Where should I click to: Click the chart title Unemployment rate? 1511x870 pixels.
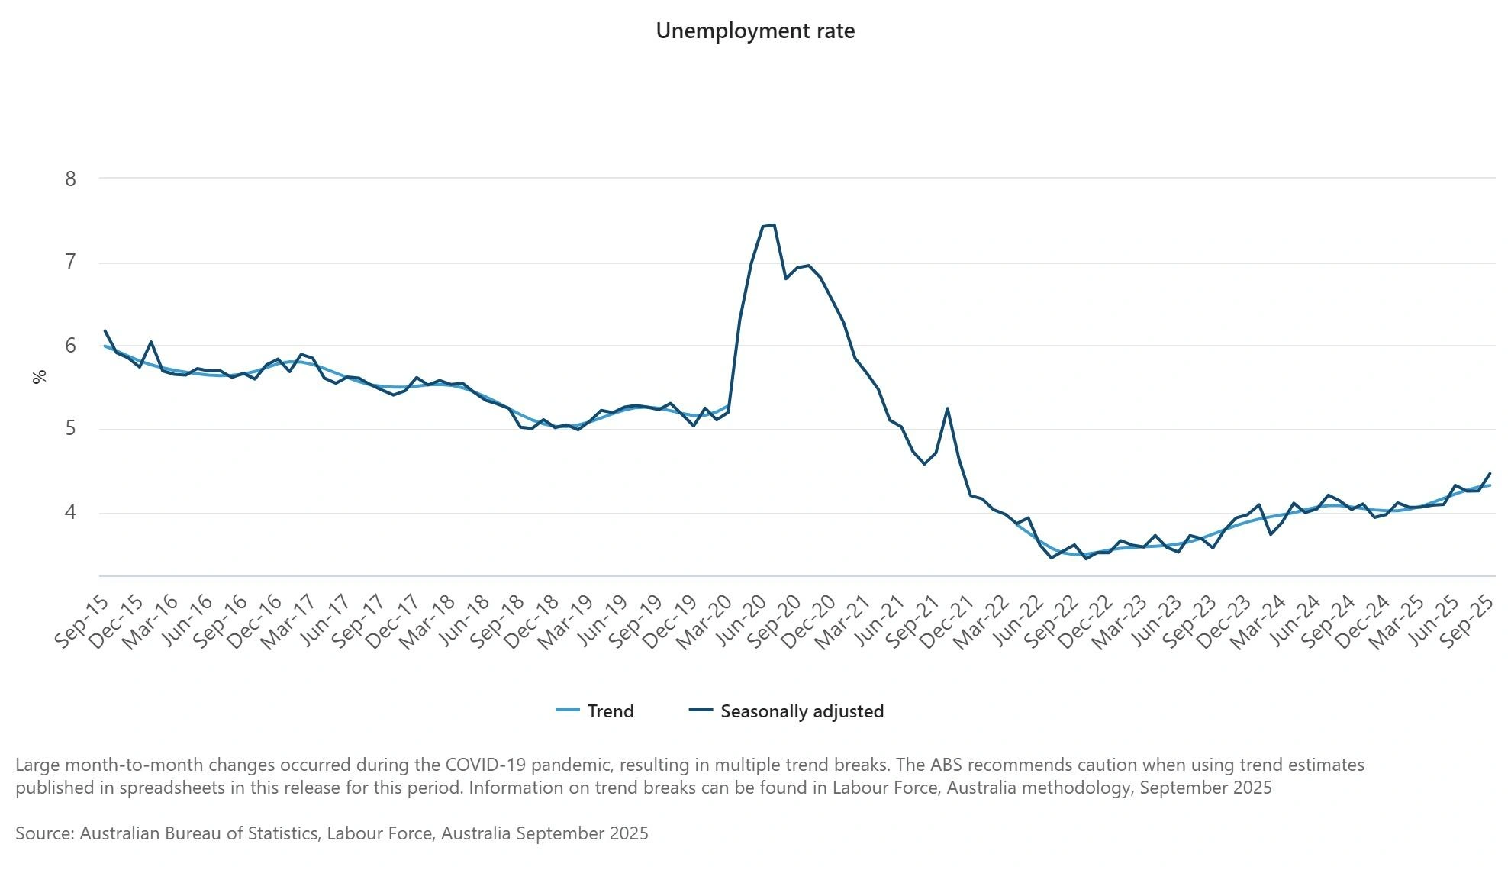[x=755, y=31]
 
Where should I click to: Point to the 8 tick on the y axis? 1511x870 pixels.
[x=71, y=179]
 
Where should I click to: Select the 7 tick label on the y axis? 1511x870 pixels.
[x=71, y=263]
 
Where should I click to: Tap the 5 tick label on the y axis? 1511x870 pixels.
[x=71, y=429]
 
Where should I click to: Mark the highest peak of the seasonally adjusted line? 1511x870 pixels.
[x=774, y=224]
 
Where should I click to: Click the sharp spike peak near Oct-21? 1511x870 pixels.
[x=947, y=408]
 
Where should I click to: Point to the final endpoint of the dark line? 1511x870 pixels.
[x=1490, y=473]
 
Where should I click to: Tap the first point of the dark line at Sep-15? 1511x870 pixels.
[x=105, y=330]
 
